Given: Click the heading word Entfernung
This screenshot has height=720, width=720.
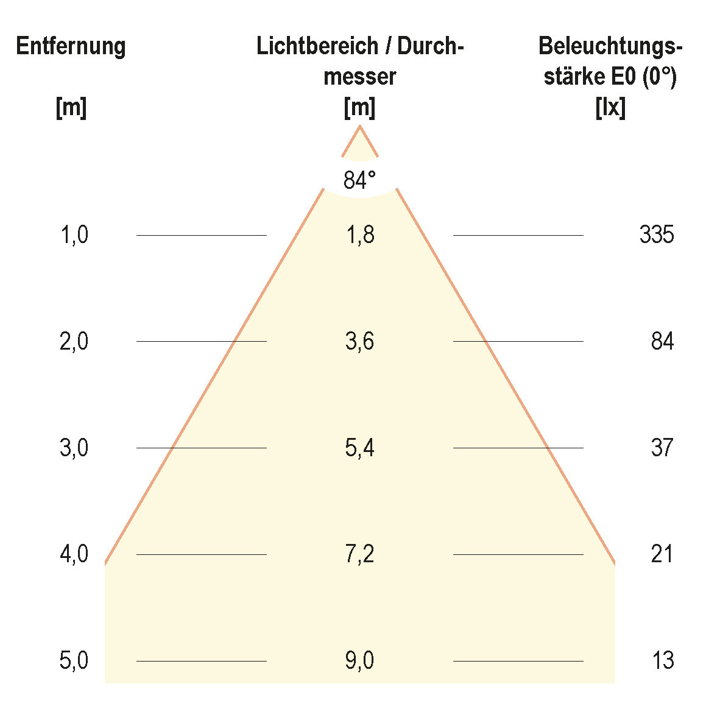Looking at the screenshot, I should pos(71,47).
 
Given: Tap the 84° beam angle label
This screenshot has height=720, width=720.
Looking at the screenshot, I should pos(359,180).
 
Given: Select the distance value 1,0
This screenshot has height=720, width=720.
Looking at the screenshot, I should pos(74,235).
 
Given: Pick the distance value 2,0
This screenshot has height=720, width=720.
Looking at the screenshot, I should pos(74,341).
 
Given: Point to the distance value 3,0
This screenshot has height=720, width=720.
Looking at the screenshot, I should pos(74,448).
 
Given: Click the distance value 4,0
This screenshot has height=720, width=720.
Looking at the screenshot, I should pos(74,554).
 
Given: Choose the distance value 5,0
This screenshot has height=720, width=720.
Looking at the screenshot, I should pos(74,660).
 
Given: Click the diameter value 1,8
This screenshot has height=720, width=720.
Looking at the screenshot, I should pos(360,235).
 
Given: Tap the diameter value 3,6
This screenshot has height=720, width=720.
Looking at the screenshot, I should pos(360,341).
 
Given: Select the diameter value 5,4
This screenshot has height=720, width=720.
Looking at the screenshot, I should pos(360,448).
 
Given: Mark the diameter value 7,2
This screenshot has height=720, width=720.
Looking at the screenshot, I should pos(360,554).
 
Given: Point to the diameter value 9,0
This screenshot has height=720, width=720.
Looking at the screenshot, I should pos(360,660).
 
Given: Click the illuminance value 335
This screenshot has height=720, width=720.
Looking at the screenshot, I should pos(657,235).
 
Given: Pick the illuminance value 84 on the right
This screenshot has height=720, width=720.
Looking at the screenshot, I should pos(662,341).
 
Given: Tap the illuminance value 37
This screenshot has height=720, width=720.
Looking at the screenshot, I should pos(662,448).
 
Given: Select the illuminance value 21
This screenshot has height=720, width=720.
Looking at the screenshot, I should pos(662,554).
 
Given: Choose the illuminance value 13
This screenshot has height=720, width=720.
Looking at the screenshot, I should pos(662,660).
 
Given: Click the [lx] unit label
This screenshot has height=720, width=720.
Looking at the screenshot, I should pos(610,108).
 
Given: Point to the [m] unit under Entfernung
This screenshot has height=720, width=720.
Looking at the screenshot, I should pos(71,108).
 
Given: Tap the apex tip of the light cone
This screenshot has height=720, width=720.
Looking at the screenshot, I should pos(360,127).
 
